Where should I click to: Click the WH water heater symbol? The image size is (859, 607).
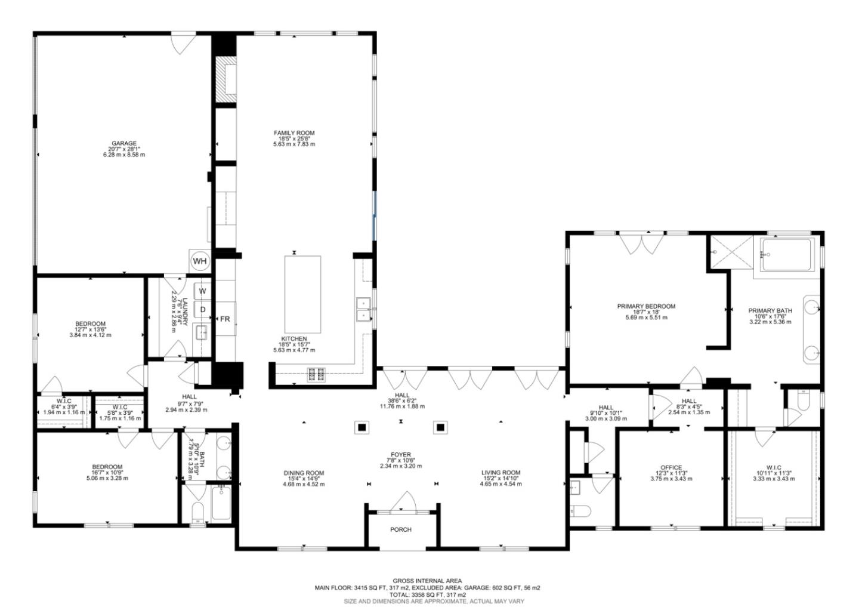tap(199, 261)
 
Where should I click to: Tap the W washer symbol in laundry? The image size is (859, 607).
tap(203, 291)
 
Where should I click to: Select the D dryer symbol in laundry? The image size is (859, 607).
tap(203, 309)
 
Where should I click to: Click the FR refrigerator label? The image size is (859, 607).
tap(225, 319)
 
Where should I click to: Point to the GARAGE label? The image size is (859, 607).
tap(123, 143)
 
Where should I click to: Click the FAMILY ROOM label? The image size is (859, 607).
tap(293, 133)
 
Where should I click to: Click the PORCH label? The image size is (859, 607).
tap(401, 529)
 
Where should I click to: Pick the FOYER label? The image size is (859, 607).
tap(401, 455)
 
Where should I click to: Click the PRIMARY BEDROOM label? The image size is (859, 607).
tap(646, 306)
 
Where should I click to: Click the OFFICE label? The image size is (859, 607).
tap(670, 468)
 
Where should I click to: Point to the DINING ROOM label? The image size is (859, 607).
tap(304, 473)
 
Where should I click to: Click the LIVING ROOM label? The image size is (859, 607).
tap(500, 473)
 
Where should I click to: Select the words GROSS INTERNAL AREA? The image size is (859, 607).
tap(427, 581)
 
